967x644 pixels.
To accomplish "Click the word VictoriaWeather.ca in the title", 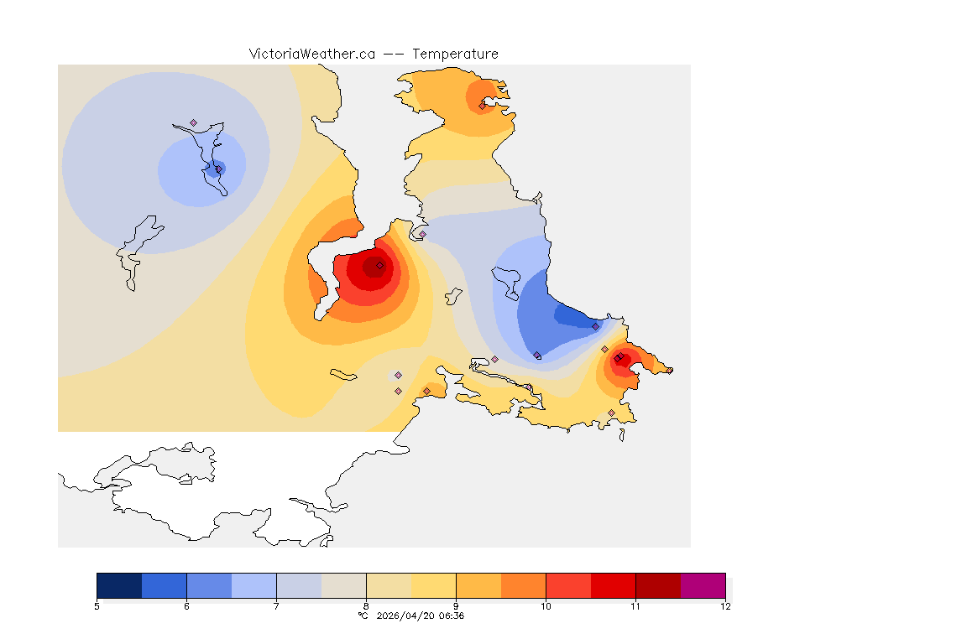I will (311, 54).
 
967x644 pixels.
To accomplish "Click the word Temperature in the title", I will (455, 54).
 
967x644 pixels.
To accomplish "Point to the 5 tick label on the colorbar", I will (97, 606).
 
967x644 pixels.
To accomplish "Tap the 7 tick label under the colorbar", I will (277, 606).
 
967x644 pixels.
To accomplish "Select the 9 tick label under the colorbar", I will (456, 606).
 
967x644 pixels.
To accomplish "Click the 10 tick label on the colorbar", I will (546, 606).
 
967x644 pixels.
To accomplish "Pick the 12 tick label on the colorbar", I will (724, 606).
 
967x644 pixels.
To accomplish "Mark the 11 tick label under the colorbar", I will (635, 606).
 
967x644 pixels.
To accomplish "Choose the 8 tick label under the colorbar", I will (366, 606).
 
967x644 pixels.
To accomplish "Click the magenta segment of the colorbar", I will (703, 585).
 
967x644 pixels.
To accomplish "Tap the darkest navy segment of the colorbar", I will (119, 585).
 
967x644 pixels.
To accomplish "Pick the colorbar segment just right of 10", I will (568, 585).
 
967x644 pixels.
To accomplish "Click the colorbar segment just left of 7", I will (254, 585).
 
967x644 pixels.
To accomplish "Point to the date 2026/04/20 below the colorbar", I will (407, 615).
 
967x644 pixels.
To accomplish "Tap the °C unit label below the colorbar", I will (363, 615).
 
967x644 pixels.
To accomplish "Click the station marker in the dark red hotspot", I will (379, 265).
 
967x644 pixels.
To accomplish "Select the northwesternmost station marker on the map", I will (193, 122).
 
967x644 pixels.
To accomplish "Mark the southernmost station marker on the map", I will (611, 413).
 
